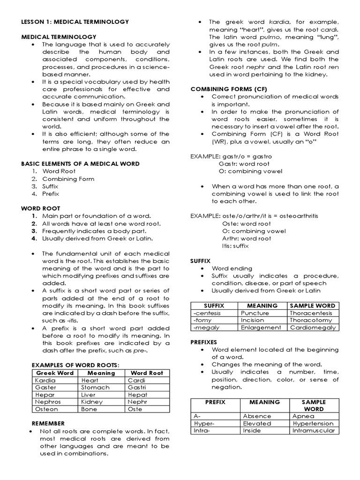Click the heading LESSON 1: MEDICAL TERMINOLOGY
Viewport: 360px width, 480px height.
75,22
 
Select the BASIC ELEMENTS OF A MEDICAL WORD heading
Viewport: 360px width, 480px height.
80,164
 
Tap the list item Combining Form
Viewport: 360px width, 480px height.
68,179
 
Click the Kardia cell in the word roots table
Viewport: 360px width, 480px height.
45,380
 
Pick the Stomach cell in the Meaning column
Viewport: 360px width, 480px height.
95,388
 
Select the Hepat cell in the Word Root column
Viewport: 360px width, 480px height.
137,395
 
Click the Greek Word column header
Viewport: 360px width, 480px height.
55,373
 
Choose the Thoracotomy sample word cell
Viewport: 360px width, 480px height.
311,320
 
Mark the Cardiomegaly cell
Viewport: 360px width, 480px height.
313,328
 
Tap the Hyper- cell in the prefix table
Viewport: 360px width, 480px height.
204,423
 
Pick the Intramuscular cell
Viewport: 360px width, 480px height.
313,430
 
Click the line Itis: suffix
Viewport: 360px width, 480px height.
235,246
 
